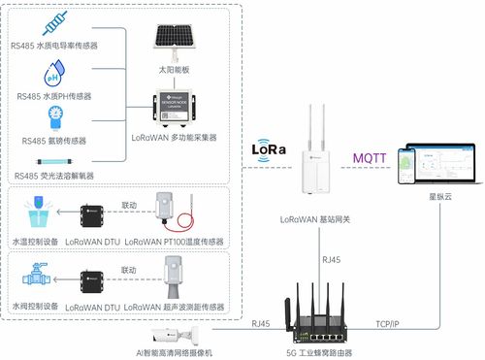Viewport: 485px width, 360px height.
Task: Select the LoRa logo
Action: pos(269,151)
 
